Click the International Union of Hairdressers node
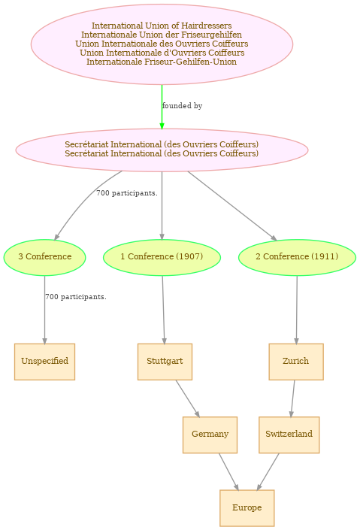click(x=162, y=44)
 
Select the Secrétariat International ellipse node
click(x=162, y=150)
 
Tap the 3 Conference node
click(x=44, y=258)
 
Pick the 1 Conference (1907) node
click(x=162, y=258)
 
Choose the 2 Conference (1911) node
click(x=297, y=258)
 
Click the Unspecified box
click(x=44, y=362)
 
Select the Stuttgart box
click(x=165, y=362)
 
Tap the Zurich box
click(x=296, y=362)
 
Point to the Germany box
click(x=210, y=435)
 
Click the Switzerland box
click(x=289, y=435)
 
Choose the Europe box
click(x=247, y=508)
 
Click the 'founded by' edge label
click(x=182, y=106)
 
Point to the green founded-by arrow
click(x=162, y=107)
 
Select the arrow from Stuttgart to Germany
click(x=188, y=398)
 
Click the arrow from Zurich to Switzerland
click(x=292, y=398)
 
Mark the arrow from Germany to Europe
click(x=228, y=471)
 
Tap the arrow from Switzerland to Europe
click(x=268, y=471)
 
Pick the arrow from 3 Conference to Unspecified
click(x=44, y=310)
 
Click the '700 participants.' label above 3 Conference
click(x=127, y=193)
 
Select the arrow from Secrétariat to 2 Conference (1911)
click(x=232, y=206)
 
